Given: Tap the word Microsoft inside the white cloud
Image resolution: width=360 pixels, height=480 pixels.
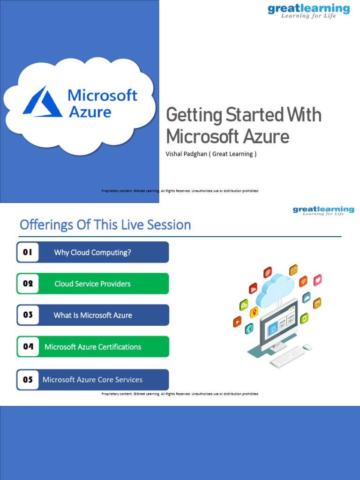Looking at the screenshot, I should [102, 96].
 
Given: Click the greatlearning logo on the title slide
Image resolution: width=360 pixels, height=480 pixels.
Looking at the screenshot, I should [308, 11].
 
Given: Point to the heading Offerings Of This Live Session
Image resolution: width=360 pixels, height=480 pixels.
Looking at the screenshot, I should [105, 225].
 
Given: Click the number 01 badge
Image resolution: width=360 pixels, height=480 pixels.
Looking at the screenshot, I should [28, 252].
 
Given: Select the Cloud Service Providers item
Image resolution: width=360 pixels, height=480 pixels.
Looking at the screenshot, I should [92, 284].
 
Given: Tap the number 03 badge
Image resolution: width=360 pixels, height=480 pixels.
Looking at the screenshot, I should [28, 315].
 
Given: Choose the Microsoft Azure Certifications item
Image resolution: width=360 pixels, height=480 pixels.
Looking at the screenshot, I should [92, 347].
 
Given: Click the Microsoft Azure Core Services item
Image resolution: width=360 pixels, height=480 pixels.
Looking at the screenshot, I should [92, 380].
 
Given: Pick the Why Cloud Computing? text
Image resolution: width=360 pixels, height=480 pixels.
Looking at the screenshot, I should [92, 253].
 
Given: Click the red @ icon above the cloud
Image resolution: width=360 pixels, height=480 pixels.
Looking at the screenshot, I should [268, 272].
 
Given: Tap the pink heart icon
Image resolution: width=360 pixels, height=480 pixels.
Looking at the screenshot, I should [318, 280].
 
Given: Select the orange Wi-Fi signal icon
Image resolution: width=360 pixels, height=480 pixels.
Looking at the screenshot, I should [304, 281].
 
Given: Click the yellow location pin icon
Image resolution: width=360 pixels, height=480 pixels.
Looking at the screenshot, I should [254, 312].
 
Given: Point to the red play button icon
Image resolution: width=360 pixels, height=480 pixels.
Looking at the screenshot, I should [238, 322].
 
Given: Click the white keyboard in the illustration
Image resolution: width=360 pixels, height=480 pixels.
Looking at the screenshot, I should [287, 359].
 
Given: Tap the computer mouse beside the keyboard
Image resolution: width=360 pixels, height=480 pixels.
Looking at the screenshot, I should [307, 347].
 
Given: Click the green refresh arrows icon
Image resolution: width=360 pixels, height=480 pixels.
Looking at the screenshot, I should [305, 319].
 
